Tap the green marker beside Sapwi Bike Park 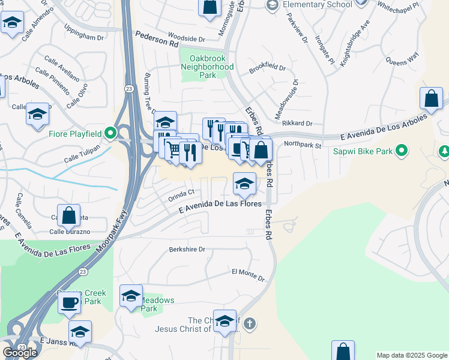(403, 151)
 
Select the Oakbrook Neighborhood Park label (207, 67)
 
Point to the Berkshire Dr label (187, 249)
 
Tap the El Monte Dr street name (248, 275)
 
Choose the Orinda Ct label (182, 193)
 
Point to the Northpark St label (303, 145)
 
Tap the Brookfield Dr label (267, 67)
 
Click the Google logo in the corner (20, 353)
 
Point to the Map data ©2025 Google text (411, 355)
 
